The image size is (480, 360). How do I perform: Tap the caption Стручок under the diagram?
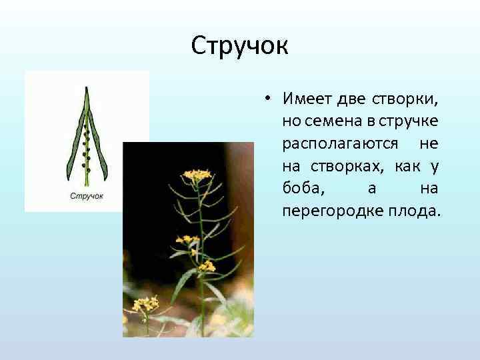tap(87, 196)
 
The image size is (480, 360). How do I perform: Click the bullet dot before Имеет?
tap(266, 98)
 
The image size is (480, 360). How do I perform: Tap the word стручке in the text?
tap(413, 121)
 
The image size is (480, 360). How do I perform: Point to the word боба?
tap(304, 189)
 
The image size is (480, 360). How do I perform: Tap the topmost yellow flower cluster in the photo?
tap(196, 175)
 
